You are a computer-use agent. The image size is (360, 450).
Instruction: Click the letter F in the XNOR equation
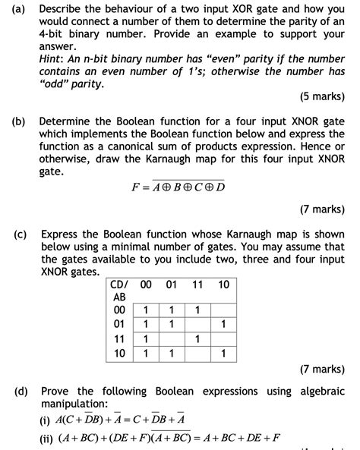point(136,187)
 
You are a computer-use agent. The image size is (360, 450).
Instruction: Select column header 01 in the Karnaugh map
point(171,285)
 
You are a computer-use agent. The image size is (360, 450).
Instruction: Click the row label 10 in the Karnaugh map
point(119,353)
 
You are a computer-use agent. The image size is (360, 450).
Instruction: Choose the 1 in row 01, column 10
point(223,324)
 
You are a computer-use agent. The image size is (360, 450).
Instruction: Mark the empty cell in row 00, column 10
point(223,310)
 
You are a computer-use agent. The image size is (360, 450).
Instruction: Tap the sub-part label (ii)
point(49,438)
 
